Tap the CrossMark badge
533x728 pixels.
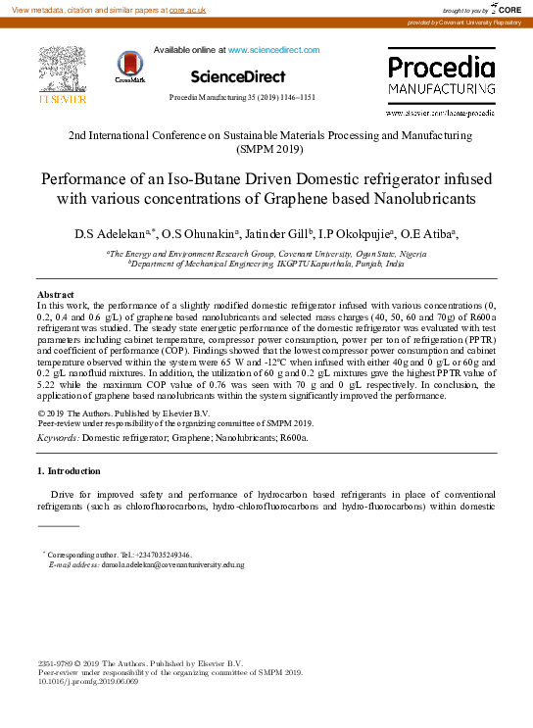pyautogui.click(x=129, y=67)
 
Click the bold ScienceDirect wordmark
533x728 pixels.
pyautogui.click(x=237, y=76)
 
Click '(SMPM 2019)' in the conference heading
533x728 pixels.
pyautogui.click(x=269, y=150)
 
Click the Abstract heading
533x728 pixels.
pyautogui.click(x=55, y=295)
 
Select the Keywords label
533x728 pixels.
pyautogui.click(x=58, y=438)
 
